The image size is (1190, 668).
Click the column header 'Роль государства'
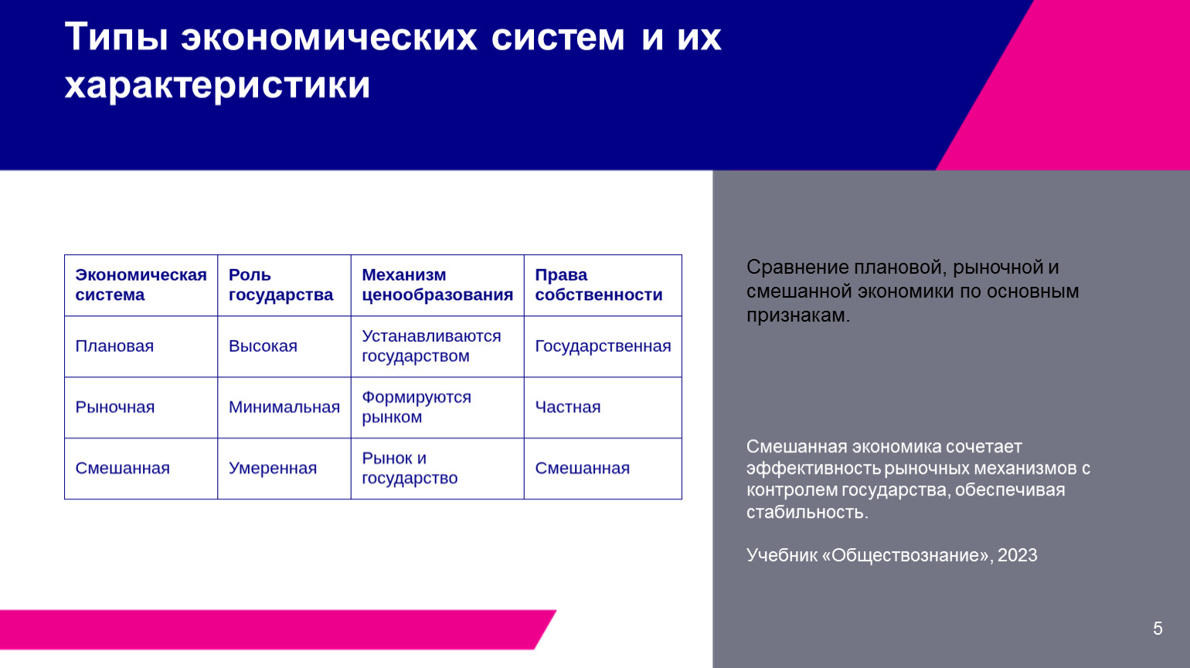tap(280, 285)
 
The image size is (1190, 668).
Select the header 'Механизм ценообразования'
tap(437, 285)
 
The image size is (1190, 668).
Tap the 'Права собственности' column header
tap(599, 285)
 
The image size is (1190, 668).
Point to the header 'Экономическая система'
tap(141, 285)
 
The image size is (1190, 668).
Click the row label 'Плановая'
tap(114, 346)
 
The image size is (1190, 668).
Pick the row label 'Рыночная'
tap(114, 407)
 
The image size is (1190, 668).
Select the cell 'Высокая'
tap(263, 346)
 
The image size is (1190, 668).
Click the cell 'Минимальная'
tap(284, 407)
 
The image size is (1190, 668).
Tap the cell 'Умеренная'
tap(273, 469)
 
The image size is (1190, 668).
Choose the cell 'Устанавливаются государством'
tap(431, 346)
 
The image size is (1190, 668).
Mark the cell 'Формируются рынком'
tap(416, 407)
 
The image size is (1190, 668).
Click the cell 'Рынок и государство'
tap(410, 469)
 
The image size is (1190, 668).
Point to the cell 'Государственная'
tap(603, 346)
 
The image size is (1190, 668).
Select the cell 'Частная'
tap(567, 407)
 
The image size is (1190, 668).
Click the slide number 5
tap(1158, 628)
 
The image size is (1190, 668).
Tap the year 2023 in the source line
tap(1018, 555)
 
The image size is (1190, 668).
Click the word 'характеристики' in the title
tap(217, 84)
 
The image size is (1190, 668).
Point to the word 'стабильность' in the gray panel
tap(807, 512)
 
